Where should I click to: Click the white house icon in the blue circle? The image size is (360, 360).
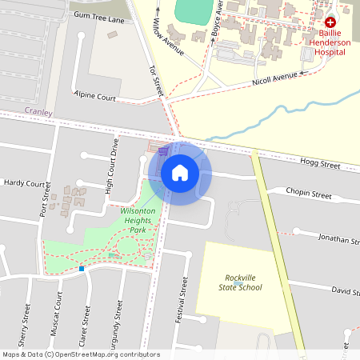point(180,173)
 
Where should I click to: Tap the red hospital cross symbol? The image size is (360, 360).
point(330,24)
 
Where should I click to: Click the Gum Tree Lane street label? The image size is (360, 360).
point(98,15)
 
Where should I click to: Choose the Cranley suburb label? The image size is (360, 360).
point(38,113)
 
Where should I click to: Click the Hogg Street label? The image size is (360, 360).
point(319,163)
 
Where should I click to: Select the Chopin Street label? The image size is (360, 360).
point(309,194)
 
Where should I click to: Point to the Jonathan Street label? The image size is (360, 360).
point(338,238)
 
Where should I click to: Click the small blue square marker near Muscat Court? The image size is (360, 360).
point(81,269)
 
